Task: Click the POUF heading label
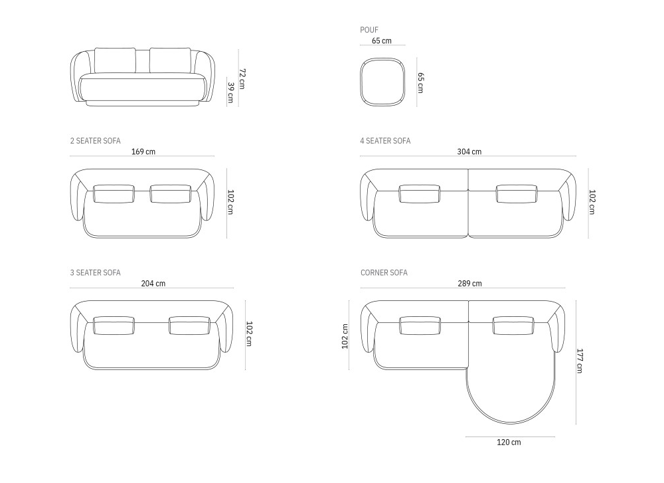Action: [x=369, y=30]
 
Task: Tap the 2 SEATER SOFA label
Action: [x=95, y=141]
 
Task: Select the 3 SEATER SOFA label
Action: [x=95, y=272]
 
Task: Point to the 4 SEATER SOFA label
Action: [x=385, y=141]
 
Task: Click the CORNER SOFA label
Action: [x=384, y=272]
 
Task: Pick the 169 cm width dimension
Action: [x=143, y=151]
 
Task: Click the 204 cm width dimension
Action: [x=153, y=283]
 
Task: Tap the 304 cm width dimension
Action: [x=469, y=151]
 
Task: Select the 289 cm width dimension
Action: [x=469, y=283]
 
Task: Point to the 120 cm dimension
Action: [x=509, y=442]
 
